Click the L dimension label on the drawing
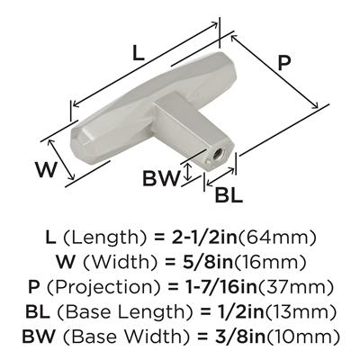click(x=139, y=53)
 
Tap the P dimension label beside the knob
click(x=283, y=63)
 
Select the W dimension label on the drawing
click(x=46, y=169)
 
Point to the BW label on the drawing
click(x=161, y=178)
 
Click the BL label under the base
click(x=229, y=195)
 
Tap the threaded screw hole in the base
click(x=216, y=156)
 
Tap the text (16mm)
click(x=270, y=263)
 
